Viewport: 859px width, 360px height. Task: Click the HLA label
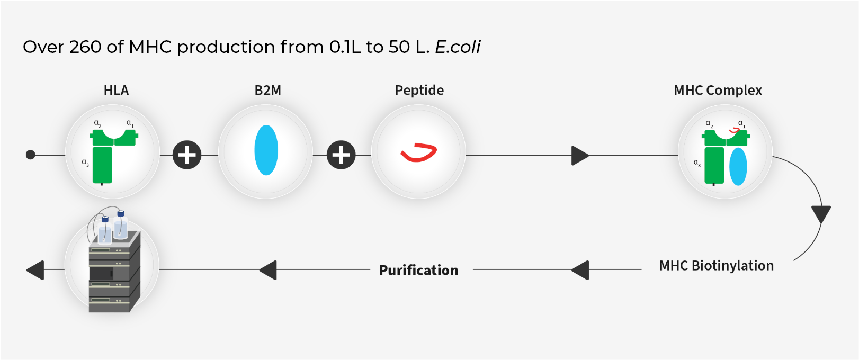click(116, 91)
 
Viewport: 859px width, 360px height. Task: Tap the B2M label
click(267, 91)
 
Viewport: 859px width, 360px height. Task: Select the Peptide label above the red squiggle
click(419, 91)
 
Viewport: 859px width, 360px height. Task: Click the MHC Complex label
click(718, 91)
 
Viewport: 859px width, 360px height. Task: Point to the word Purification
click(418, 271)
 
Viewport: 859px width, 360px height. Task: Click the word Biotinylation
click(732, 266)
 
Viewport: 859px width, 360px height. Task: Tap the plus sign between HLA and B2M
click(187, 155)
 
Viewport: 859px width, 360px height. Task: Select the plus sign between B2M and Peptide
click(341, 155)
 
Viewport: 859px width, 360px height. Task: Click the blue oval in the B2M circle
click(266, 150)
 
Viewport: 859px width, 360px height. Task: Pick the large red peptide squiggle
click(418, 152)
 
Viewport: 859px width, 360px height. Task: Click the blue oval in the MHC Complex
click(738, 167)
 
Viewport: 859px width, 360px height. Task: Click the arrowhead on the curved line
click(821, 214)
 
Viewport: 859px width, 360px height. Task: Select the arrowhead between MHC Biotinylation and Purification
click(580, 270)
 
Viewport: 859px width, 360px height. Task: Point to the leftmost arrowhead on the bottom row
click(35, 270)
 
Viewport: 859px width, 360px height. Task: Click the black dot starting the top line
click(30, 155)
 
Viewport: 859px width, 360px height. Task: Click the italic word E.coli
click(458, 47)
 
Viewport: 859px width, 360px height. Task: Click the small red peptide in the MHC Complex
click(735, 131)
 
